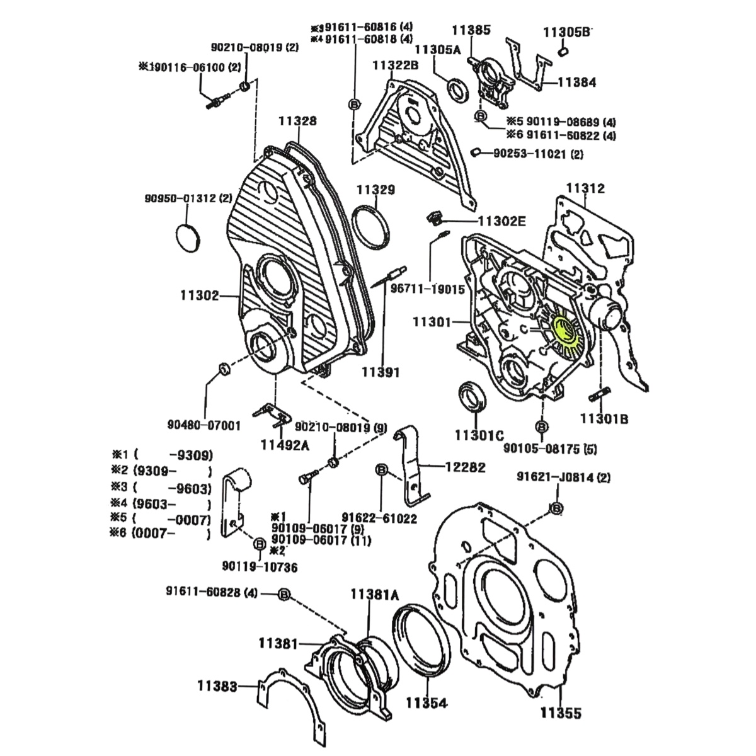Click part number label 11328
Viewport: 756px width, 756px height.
(299, 121)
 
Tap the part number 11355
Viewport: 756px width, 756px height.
(561, 713)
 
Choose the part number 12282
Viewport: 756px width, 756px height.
(465, 467)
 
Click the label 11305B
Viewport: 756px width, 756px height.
(566, 31)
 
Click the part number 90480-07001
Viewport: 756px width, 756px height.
(204, 426)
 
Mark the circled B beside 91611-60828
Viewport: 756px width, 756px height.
(283, 594)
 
